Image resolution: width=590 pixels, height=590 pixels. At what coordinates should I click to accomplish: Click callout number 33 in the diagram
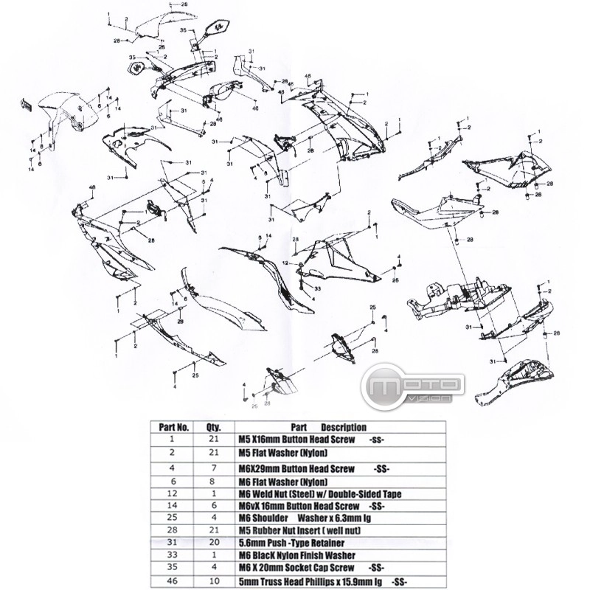(308, 287)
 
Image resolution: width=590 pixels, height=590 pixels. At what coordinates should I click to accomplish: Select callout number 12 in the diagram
(294, 263)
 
